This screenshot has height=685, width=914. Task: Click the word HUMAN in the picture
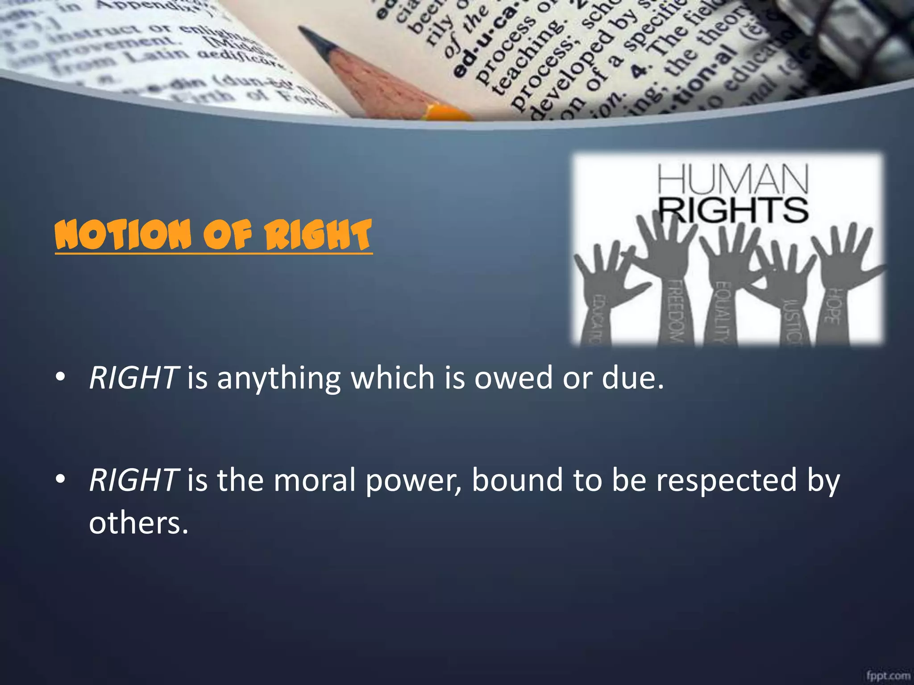tap(732, 180)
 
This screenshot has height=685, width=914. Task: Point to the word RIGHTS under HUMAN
tap(733, 210)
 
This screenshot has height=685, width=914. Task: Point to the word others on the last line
tap(138, 523)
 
